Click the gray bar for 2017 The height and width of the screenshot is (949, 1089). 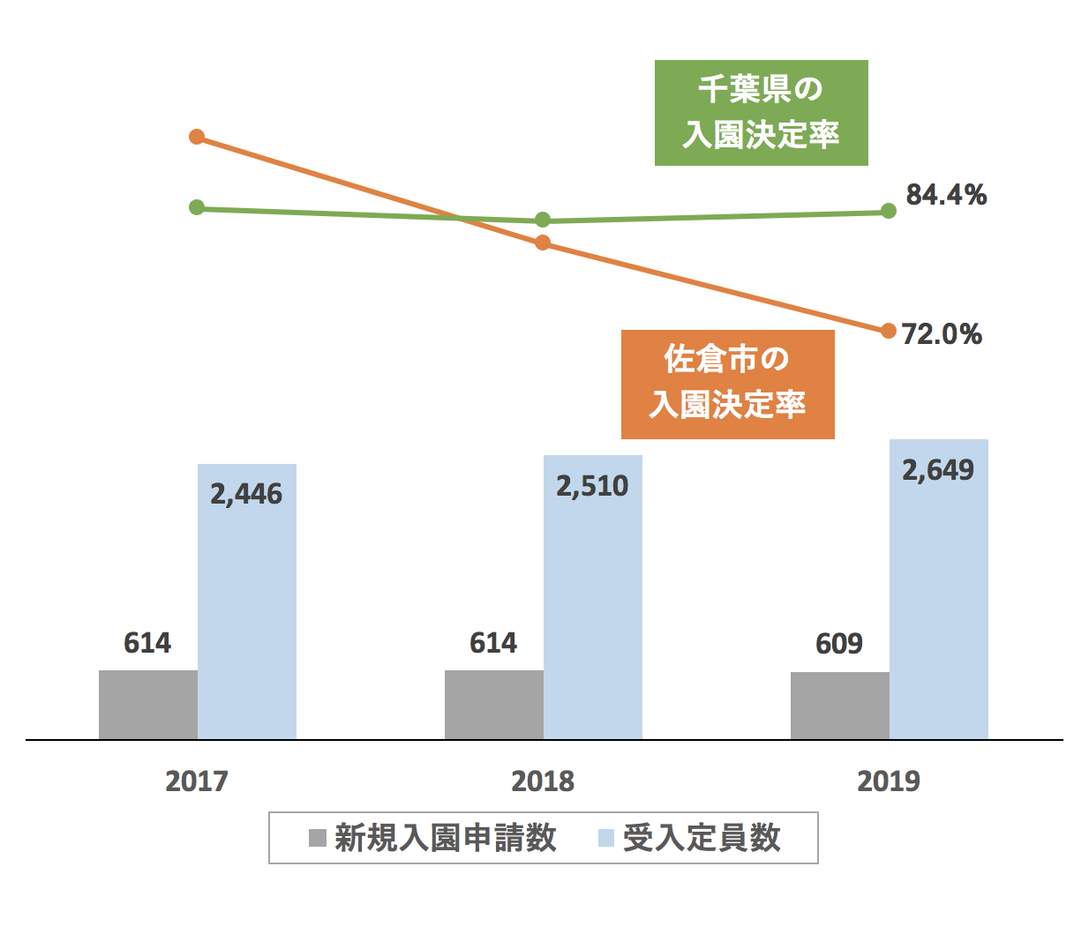point(148,705)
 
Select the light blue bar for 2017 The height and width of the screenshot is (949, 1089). point(247,617)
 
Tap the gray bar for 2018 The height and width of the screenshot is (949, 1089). point(494,705)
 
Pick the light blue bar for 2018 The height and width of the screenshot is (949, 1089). point(593,617)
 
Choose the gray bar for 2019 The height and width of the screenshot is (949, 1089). point(840,706)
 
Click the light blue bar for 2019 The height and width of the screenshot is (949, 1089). point(939,617)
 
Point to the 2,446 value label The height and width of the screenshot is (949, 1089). point(246,495)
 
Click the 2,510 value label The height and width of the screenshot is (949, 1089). point(592,487)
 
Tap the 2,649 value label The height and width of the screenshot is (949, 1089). point(938,471)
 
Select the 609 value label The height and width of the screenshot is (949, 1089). point(839,644)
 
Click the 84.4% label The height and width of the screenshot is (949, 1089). point(946,195)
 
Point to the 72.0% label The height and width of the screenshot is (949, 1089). point(942,334)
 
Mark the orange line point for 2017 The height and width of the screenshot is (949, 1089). point(197,137)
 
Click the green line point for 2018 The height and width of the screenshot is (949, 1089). point(543,220)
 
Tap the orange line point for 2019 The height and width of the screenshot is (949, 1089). point(889,331)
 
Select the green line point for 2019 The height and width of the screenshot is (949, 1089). point(889,211)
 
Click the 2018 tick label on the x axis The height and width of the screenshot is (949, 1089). point(543,781)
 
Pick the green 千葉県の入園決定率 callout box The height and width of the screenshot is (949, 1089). point(761,113)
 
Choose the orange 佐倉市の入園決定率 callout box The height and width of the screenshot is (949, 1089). point(727,384)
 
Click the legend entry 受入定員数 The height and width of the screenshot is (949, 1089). point(689,838)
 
